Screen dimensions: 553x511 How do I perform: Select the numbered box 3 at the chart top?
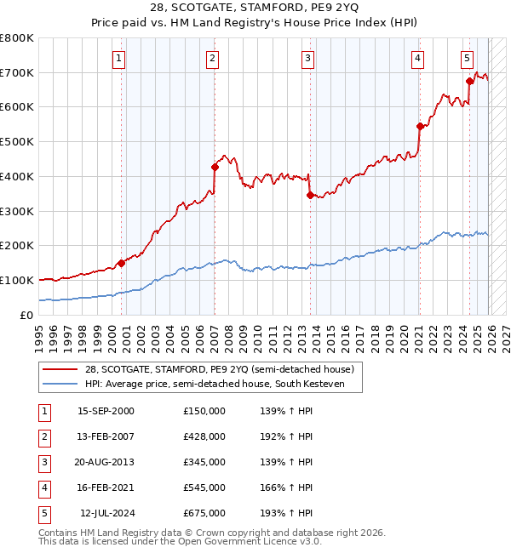point(307,59)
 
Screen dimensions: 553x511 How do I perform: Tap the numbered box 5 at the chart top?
point(468,59)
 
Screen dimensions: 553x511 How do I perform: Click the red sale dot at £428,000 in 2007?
point(215,167)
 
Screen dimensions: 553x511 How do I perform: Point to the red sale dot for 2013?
point(310,195)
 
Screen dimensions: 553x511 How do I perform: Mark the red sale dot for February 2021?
point(419,126)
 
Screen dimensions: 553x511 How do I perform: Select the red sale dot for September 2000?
point(121,263)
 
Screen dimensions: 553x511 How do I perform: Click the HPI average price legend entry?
point(221,384)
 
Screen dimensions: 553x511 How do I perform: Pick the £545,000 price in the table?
point(204,487)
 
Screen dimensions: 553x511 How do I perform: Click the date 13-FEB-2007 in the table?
point(106,436)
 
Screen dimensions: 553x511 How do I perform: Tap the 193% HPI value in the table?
point(284,513)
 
